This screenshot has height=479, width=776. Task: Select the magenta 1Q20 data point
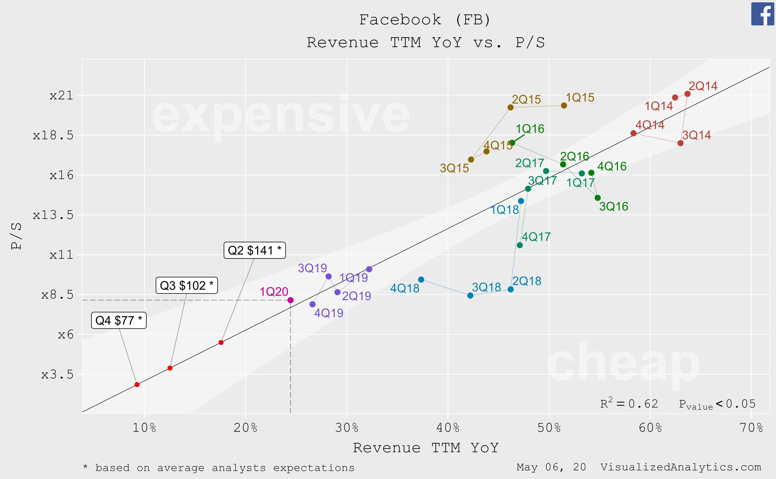pos(291,300)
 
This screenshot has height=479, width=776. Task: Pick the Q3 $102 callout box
pos(186,285)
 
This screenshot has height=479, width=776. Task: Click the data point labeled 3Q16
pos(598,198)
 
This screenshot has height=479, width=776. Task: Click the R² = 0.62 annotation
pos(629,404)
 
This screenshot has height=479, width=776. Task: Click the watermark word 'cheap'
pos(623,363)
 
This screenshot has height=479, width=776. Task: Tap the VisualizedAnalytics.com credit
pos(681,467)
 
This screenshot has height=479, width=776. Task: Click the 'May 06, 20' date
pos(551,467)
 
